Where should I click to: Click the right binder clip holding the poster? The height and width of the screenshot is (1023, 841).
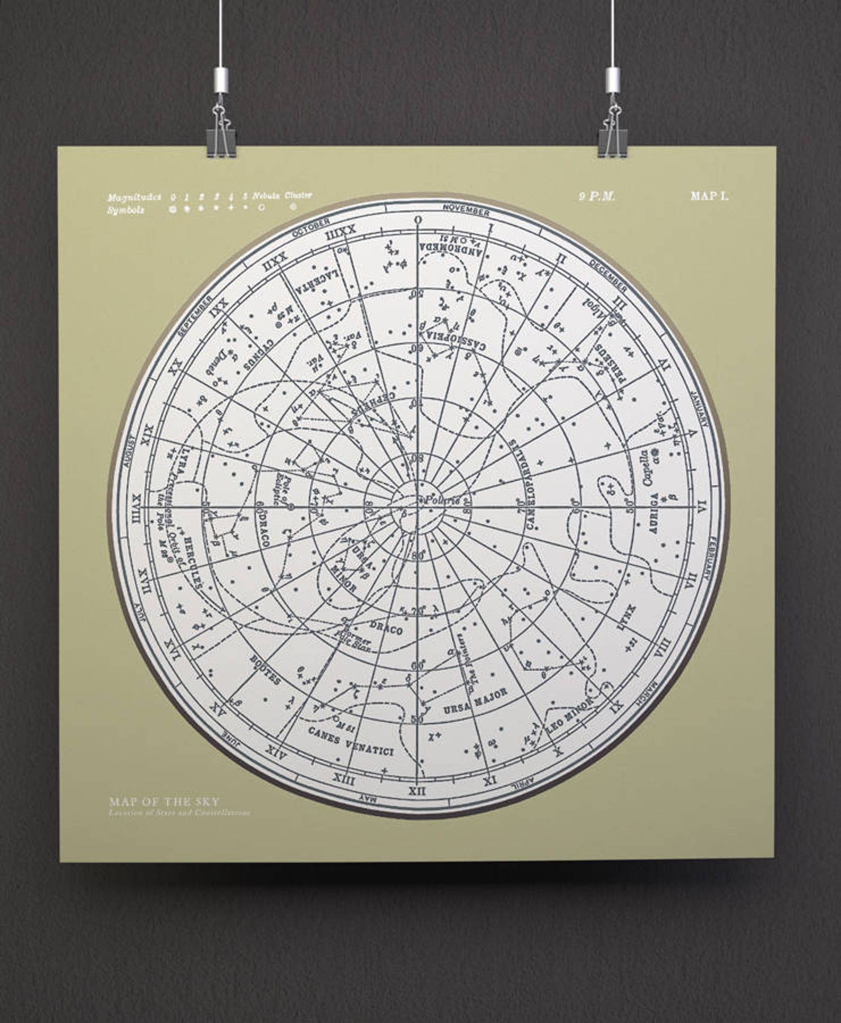(612, 132)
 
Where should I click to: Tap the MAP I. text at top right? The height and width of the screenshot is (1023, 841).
(709, 196)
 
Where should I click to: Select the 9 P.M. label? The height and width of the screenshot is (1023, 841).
(597, 196)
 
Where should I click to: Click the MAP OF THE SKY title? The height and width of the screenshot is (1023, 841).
(164, 802)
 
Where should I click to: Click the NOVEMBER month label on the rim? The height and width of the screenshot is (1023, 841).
(466, 210)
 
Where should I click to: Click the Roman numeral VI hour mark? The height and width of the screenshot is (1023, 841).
(703, 504)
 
